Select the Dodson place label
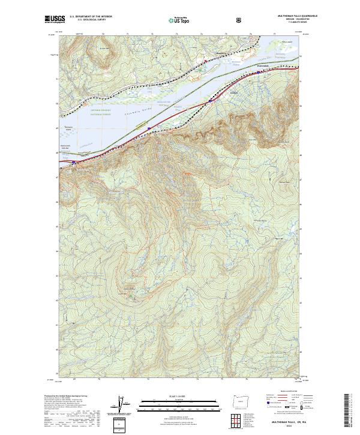tap(235, 93)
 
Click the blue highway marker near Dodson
tap(209, 102)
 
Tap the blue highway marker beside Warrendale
tap(258, 73)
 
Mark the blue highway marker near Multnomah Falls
tap(73, 162)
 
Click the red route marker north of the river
tap(205, 61)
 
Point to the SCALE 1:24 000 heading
tap(171, 394)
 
